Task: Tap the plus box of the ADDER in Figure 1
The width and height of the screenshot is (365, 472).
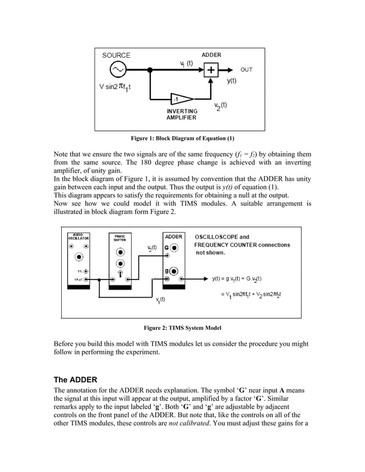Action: (211, 70)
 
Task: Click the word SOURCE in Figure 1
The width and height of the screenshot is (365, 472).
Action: (116, 55)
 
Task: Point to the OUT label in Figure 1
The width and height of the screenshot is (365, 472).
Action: (246, 70)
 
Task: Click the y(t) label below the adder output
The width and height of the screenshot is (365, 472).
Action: (231, 81)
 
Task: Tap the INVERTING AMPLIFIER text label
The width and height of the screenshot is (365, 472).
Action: (182, 114)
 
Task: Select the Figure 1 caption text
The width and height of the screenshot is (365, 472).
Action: (182, 138)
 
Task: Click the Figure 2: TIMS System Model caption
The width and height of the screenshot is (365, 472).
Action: (182, 327)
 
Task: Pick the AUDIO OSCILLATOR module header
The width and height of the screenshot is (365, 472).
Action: (78, 237)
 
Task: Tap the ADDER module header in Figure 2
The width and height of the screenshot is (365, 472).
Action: (174, 236)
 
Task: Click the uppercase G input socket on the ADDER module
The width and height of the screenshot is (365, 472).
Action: (174, 249)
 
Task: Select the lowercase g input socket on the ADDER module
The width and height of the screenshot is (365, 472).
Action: (174, 270)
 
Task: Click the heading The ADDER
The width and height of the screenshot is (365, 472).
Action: (75, 379)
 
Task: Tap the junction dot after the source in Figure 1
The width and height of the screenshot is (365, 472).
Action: (150, 70)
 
